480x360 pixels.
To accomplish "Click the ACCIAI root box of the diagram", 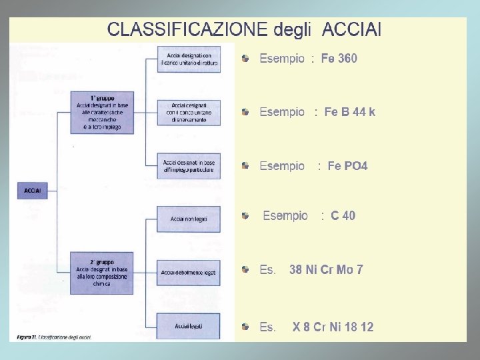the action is coord(33,191).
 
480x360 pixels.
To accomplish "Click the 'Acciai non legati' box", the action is coord(188,219).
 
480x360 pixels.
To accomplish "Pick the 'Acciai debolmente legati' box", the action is coord(188,272).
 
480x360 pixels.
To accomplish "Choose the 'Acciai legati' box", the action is coord(188,326).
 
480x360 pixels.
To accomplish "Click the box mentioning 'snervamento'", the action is coord(188,112).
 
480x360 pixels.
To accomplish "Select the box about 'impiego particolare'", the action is coord(188,165).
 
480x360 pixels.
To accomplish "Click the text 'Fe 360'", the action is coord(339,59).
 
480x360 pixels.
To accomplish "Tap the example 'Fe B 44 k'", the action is coord(349,112).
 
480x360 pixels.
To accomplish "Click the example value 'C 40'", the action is coord(343,216).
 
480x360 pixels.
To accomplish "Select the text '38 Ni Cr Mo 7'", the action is coord(326,270).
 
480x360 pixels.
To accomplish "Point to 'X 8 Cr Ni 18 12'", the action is coord(333,327).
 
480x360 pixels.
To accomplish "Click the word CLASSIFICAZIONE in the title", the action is coord(187,29).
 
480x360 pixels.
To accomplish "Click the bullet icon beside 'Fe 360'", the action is coord(246,59).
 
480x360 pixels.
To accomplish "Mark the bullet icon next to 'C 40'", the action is coord(246,216).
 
